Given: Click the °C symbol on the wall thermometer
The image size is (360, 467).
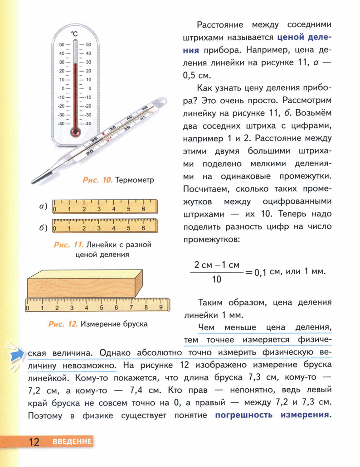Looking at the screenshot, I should pos(75,34).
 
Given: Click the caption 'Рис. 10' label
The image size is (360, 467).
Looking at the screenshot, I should pos(97,180).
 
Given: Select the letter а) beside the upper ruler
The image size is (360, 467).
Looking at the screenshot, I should pos(43,207).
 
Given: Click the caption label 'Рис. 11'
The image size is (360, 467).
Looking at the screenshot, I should pos(68,245).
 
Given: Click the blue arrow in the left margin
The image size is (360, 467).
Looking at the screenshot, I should pos(18,354).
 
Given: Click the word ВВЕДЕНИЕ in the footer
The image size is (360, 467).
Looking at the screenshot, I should pos(72,442).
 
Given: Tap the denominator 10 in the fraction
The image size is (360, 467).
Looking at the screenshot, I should pos(216,279).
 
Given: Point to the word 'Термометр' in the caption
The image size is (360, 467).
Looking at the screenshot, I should pos(135,180).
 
